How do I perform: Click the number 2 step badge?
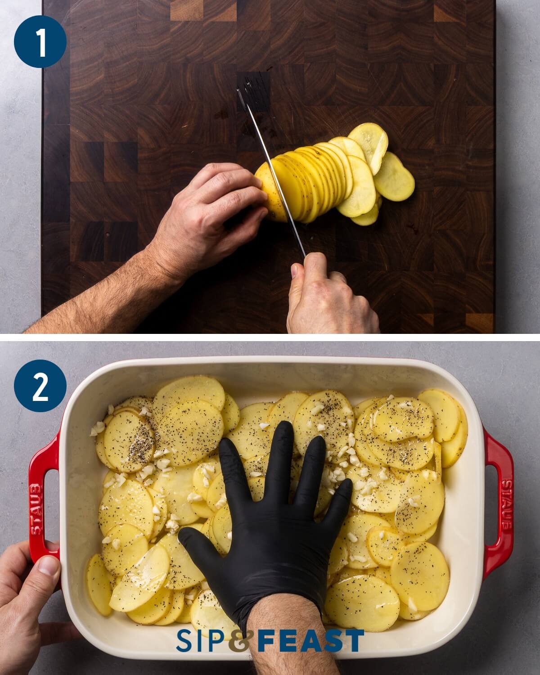(40, 388)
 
